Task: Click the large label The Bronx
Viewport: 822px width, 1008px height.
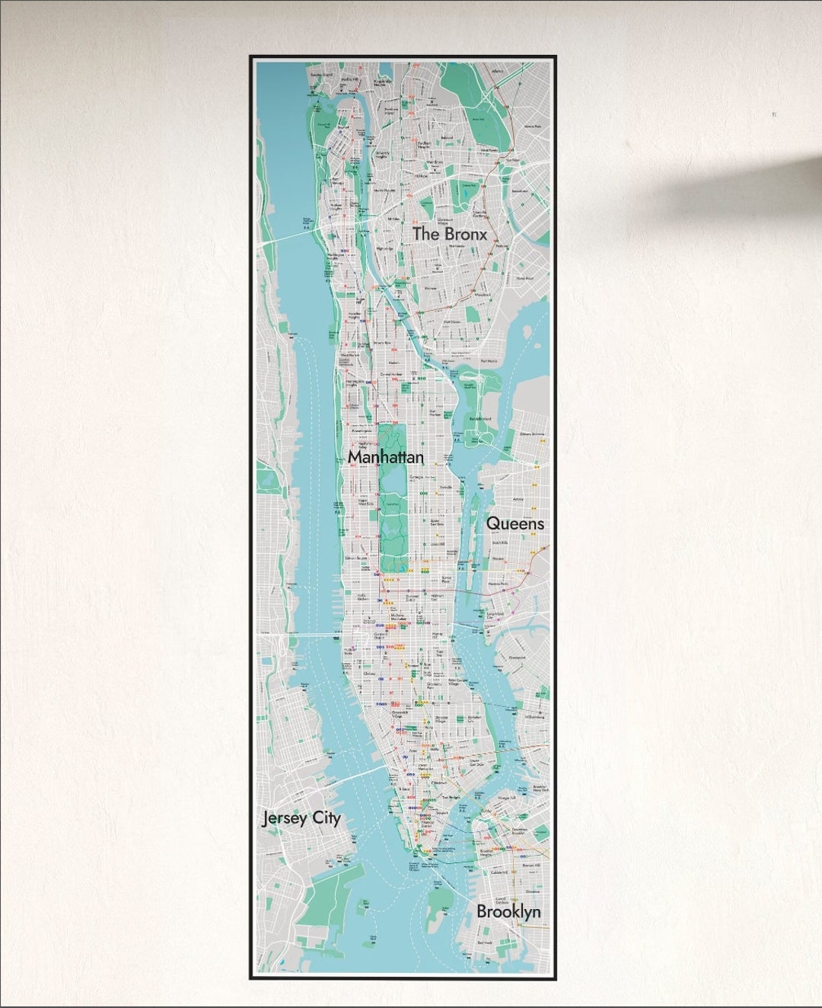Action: (449, 234)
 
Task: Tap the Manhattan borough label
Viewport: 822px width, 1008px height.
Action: (386, 457)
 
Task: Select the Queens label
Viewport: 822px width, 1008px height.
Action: (515, 523)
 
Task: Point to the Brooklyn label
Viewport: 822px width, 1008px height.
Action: (508, 911)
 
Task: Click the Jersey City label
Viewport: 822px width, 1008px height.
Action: (301, 818)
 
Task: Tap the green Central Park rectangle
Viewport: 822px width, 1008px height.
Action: (393, 518)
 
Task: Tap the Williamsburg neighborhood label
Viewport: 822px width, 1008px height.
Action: (532, 716)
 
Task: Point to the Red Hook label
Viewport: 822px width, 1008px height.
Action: (485, 942)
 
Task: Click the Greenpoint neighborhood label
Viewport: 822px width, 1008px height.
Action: (518, 657)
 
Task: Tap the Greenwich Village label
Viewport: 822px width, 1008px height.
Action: (396, 714)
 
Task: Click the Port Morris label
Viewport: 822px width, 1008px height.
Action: (489, 360)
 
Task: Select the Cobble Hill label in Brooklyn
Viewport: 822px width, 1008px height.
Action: (499, 873)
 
